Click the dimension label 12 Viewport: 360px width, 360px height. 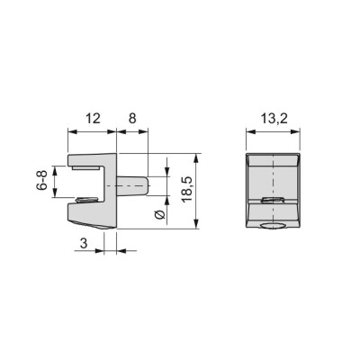(x=93, y=119)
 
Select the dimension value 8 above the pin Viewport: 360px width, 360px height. (x=132, y=119)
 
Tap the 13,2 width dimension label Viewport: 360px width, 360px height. (x=274, y=119)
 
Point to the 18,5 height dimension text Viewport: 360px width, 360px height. (x=187, y=189)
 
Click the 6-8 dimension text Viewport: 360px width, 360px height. (x=41, y=180)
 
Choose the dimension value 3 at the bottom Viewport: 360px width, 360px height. (x=84, y=243)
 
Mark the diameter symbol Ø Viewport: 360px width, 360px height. (x=160, y=215)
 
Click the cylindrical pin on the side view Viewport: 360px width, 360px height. (x=132, y=186)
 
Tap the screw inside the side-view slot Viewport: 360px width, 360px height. (x=87, y=199)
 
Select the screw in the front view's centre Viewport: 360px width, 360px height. (x=273, y=201)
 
